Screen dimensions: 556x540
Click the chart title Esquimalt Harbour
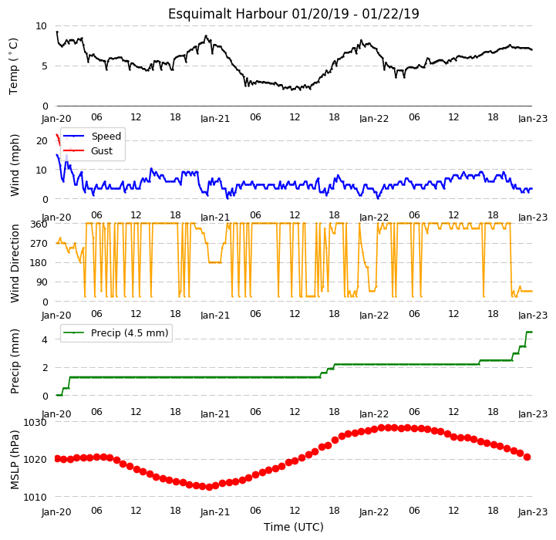227,14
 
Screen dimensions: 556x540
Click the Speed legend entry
92,137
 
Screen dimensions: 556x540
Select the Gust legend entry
88,150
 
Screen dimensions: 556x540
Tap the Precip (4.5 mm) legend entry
115,332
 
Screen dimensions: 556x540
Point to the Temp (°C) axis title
13,66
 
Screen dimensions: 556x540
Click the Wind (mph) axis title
15,165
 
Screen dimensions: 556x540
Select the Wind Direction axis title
15,263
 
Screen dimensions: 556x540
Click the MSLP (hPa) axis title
15,460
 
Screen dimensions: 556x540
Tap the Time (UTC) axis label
294,527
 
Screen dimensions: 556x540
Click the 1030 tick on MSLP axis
35,423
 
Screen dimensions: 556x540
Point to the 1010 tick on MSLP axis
35,497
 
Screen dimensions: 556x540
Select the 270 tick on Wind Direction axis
39,244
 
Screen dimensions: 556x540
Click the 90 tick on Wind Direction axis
42,282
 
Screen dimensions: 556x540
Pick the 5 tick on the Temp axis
44,66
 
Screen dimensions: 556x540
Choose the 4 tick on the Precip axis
44,339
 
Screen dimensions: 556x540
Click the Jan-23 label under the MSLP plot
533,511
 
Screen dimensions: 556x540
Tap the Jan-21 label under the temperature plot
215,118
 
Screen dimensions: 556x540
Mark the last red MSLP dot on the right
527,457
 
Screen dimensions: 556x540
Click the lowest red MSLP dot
209,487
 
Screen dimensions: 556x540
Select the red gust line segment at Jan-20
58,140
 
